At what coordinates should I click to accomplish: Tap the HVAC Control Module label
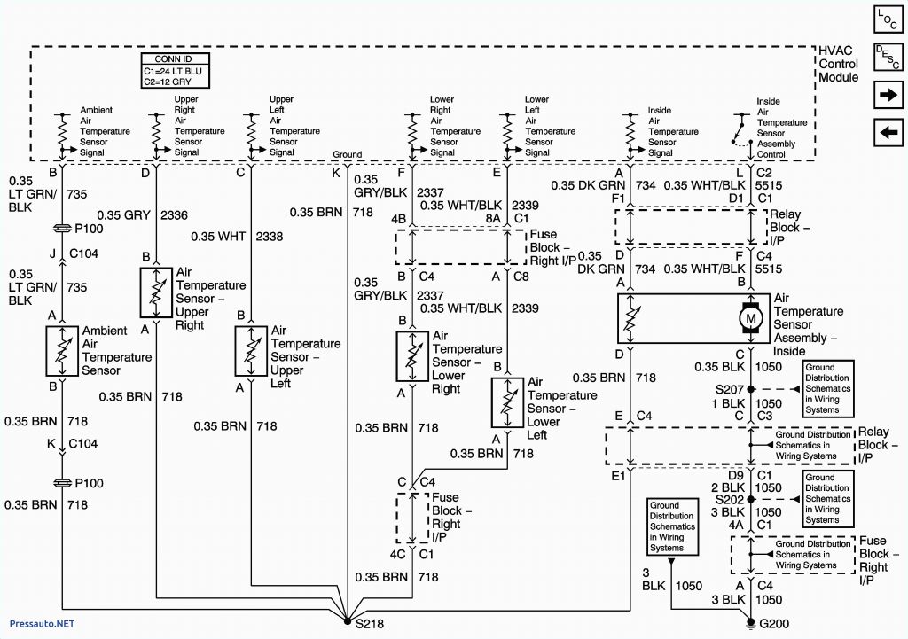tap(838, 65)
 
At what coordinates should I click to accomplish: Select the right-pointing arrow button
tap(887, 95)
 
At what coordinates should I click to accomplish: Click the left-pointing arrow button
tap(887, 133)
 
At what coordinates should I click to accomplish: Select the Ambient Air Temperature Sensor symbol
tap(63, 351)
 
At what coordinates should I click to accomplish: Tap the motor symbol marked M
tap(751, 317)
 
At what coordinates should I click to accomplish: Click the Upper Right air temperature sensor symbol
tap(156, 291)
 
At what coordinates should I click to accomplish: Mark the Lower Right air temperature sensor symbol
tap(411, 355)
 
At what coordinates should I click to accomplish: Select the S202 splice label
tap(730, 499)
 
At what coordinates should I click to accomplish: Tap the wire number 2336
tap(173, 215)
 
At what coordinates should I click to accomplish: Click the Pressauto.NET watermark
tap(38, 624)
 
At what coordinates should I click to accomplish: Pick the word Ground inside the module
tap(347, 154)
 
